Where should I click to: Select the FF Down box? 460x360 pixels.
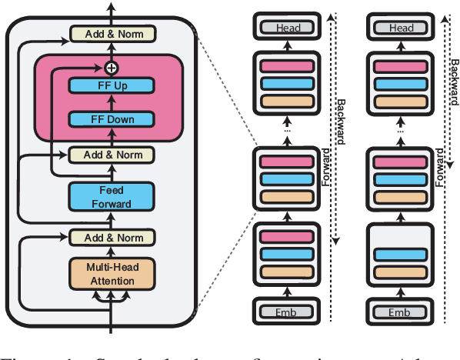coord(112,119)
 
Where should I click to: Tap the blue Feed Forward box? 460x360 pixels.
coord(112,195)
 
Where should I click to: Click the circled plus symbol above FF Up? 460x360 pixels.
coord(112,68)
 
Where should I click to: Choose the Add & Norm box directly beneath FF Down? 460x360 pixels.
coord(112,155)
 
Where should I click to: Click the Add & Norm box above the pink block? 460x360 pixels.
coord(112,34)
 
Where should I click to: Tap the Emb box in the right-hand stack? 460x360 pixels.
coord(399,312)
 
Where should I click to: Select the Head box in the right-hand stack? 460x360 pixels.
coord(400,28)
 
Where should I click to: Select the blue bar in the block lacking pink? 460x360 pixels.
coord(399,255)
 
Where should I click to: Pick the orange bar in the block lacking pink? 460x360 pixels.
coord(399,272)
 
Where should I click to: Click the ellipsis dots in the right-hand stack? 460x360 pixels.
coord(399,130)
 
